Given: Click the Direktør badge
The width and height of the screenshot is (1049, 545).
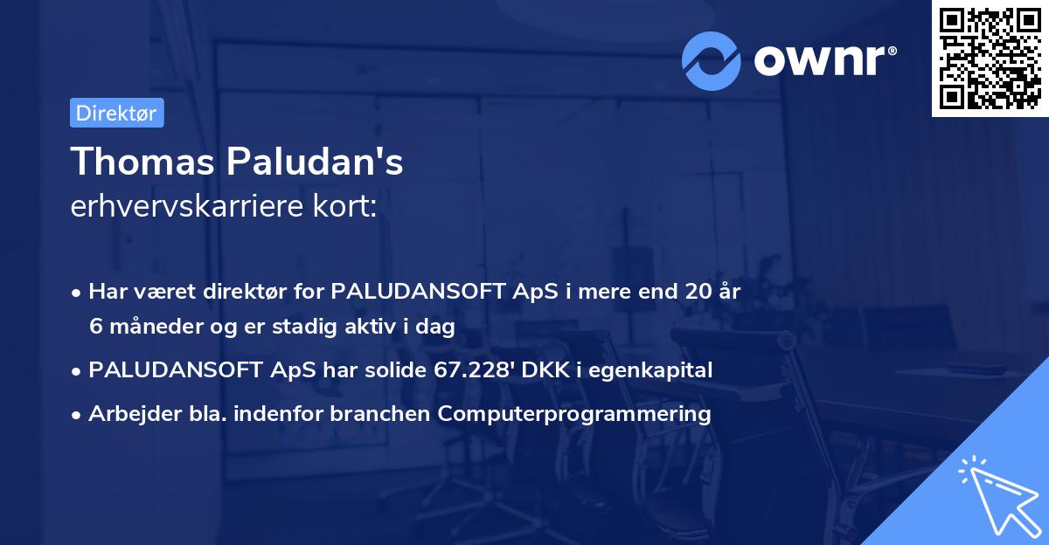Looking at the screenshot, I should [x=116, y=114].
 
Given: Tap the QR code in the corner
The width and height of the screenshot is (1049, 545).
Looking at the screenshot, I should [x=990, y=59].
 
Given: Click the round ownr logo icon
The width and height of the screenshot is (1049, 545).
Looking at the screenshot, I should [x=712, y=60].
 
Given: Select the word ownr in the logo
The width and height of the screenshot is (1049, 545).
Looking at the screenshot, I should [x=824, y=61].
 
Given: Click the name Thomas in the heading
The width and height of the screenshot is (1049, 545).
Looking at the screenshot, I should [x=140, y=162].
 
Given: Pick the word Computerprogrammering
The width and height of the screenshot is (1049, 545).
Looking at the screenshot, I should [x=574, y=414].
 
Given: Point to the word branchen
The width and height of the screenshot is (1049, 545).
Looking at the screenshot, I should [x=385, y=414].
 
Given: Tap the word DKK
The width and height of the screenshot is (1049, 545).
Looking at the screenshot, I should [x=549, y=370].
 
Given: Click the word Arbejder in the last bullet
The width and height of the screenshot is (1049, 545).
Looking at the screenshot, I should [x=128, y=414].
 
